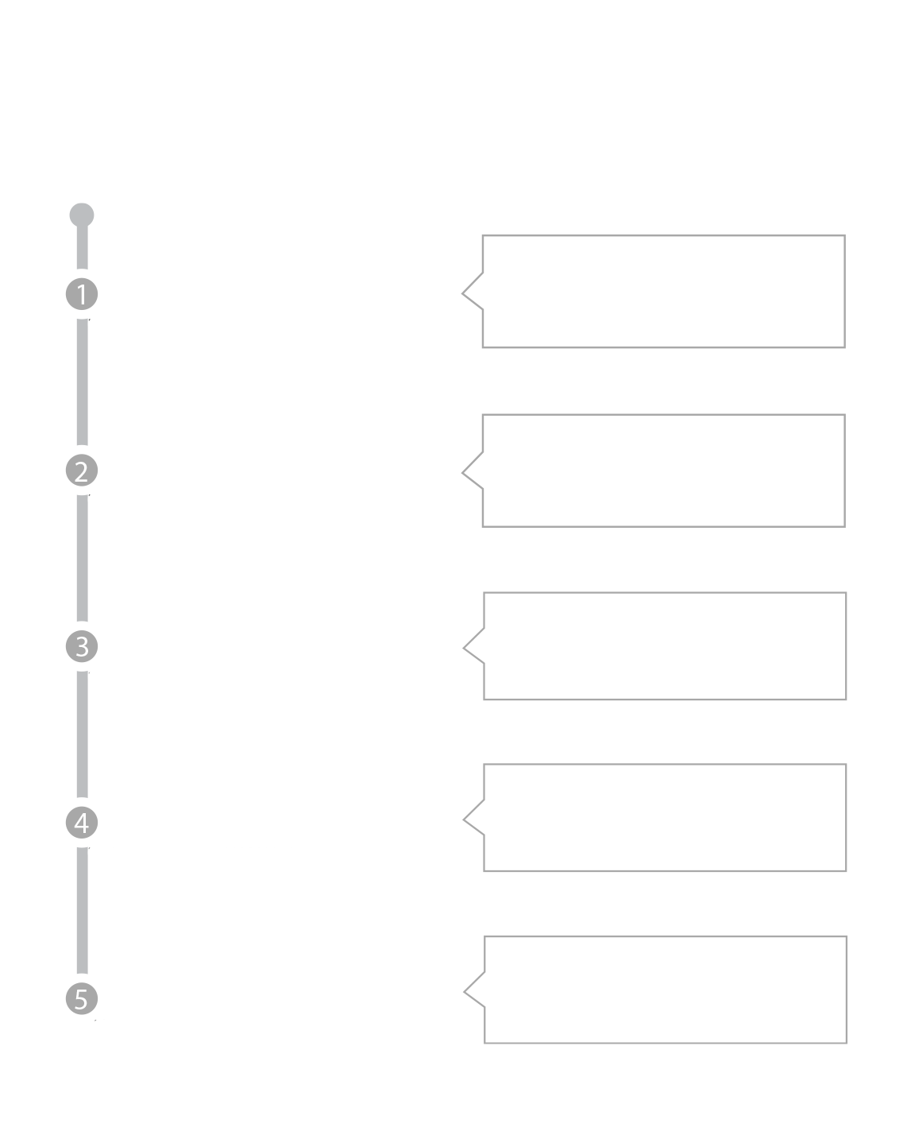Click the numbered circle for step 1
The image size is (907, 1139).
point(81,295)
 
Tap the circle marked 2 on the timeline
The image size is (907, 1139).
point(81,471)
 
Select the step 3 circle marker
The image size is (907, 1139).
point(81,647)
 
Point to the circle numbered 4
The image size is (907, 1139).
point(81,823)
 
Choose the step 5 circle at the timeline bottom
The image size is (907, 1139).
point(81,998)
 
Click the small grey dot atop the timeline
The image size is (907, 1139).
point(82,215)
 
